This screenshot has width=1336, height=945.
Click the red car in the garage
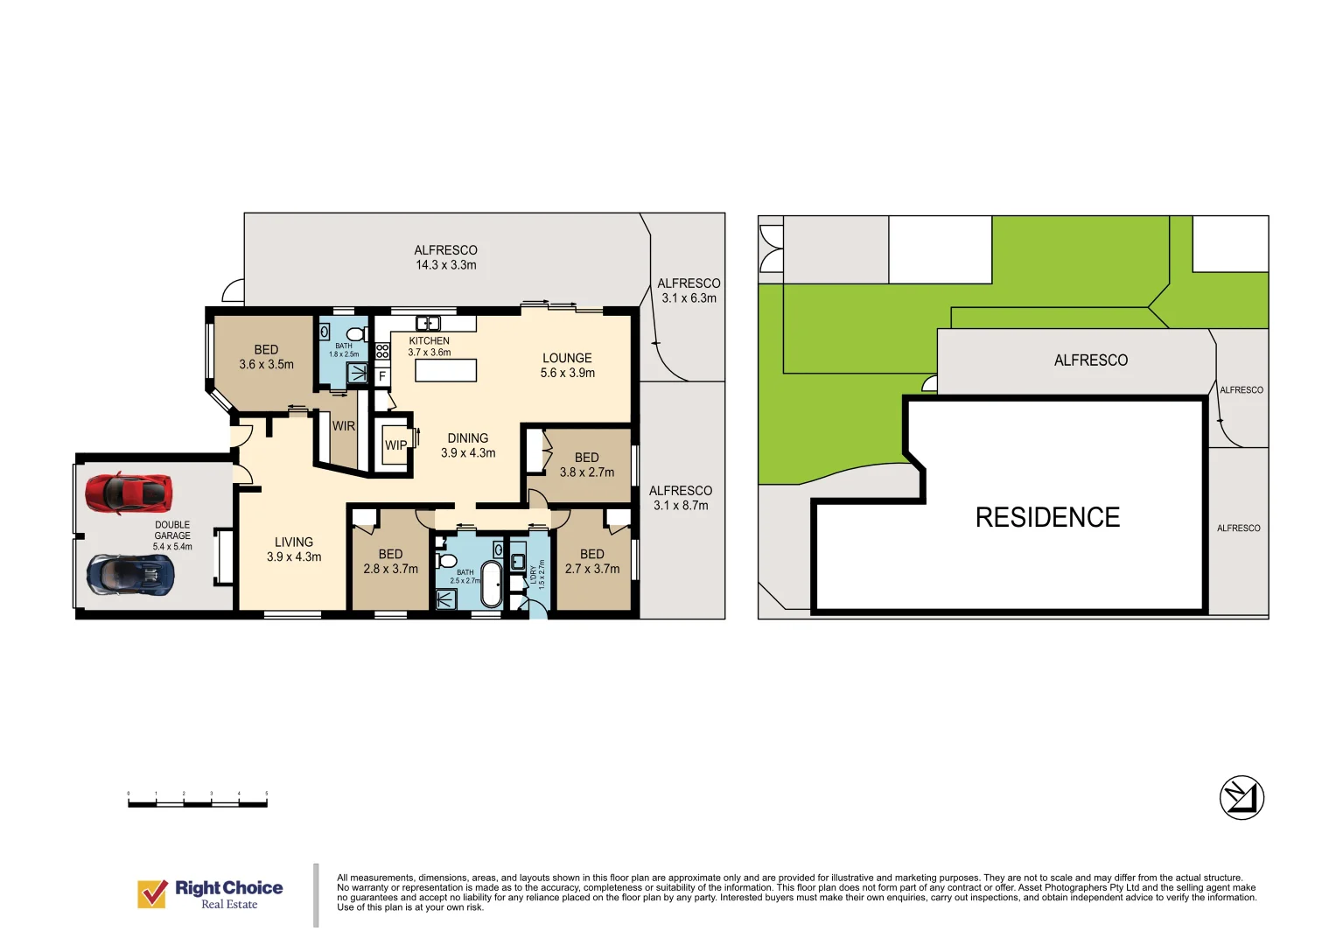(x=129, y=493)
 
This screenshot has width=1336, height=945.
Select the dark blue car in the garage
(x=130, y=575)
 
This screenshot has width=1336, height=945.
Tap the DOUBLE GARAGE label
(x=172, y=535)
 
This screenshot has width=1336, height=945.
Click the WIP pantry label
(x=395, y=445)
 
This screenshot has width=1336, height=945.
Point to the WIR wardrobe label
(x=344, y=426)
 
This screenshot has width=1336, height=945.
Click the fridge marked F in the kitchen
(x=382, y=376)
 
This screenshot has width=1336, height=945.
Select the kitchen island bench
(x=445, y=370)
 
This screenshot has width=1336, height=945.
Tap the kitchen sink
(x=427, y=323)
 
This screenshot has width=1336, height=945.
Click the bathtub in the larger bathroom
(x=492, y=584)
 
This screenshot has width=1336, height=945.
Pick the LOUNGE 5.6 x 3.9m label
(x=567, y=365)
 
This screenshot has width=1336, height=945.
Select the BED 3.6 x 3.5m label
(x=266, y=357)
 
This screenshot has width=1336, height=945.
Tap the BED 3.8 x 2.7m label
(x=587, y=465)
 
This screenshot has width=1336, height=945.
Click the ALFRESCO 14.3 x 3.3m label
(x=445, y=257)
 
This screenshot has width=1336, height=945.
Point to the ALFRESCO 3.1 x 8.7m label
(x=681, y=498)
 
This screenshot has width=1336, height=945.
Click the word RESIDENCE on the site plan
(x=1047, y=517)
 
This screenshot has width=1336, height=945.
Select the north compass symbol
(x=1242, y=798)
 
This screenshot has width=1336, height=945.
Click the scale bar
(x=198, y=801)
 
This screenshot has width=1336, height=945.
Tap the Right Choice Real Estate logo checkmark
(x=152, y=893)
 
